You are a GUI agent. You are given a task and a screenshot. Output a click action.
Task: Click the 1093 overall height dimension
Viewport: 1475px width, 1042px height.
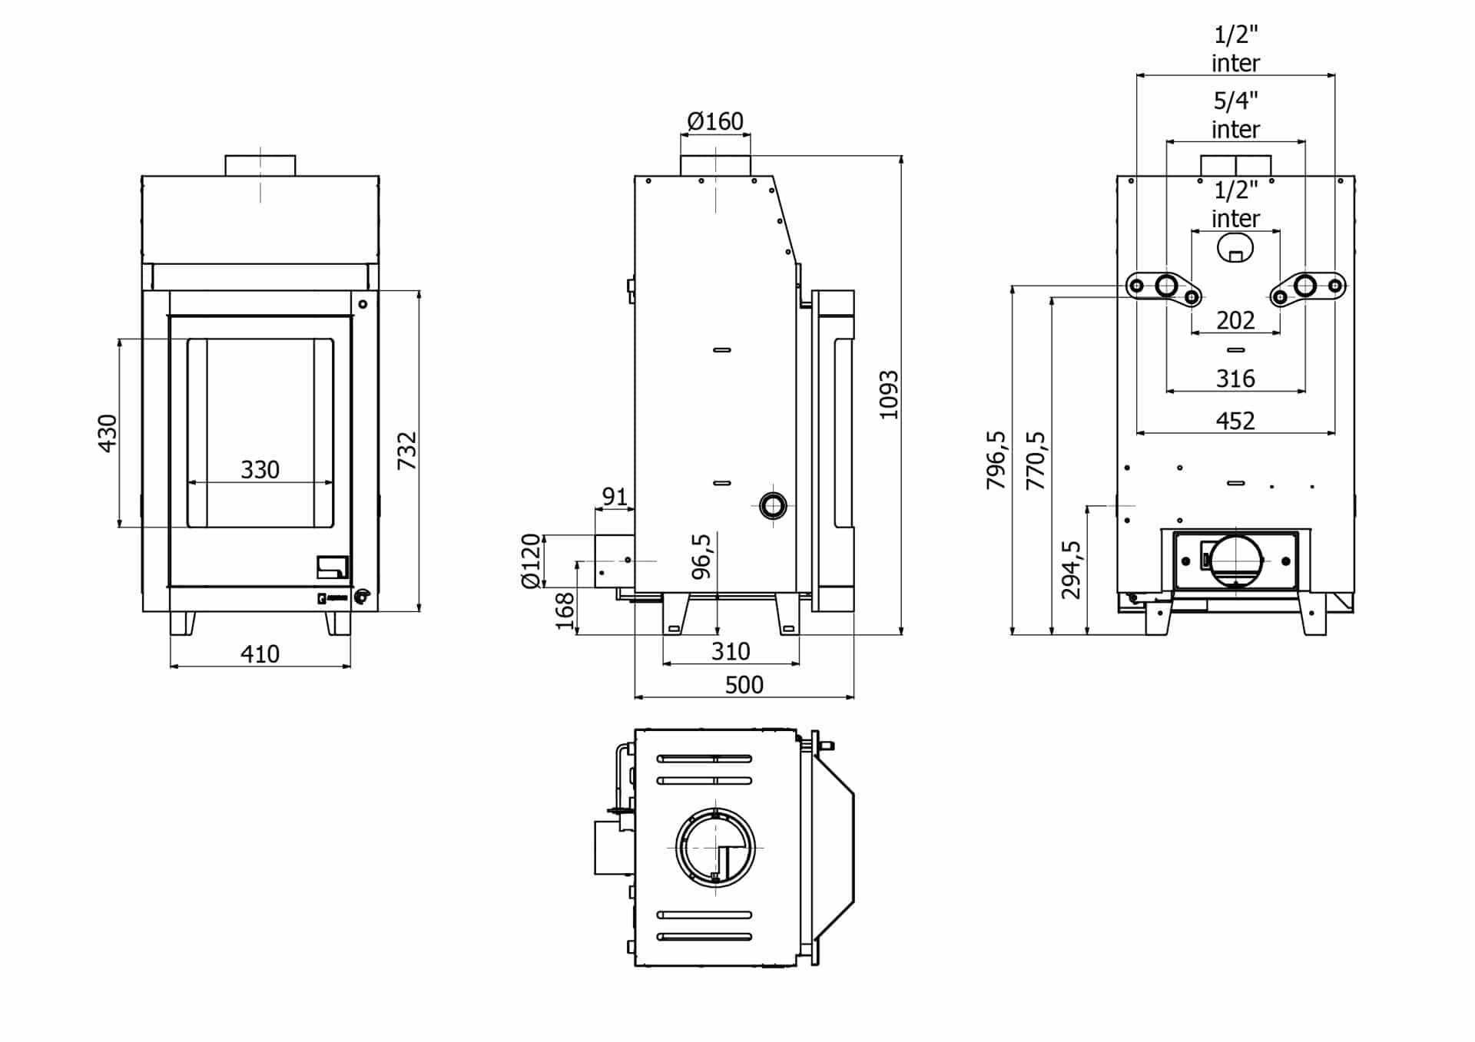pos(889,395)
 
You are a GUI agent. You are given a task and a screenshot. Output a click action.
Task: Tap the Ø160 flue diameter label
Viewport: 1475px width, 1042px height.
pos(715,121)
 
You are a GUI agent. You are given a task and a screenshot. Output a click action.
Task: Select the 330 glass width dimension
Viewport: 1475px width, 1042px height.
pos(260,469)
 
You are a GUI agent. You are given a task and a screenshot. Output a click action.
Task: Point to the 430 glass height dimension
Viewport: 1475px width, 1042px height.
pos(108,433)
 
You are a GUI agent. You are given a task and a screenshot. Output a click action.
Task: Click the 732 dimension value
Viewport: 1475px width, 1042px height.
pos(407,451)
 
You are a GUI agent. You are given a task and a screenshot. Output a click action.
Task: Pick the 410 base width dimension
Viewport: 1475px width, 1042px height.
pos(260,654)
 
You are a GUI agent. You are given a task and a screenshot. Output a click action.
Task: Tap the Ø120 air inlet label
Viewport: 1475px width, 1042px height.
pos(531,561)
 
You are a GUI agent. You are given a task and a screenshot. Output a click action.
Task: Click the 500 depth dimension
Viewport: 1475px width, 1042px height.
pos(744,685)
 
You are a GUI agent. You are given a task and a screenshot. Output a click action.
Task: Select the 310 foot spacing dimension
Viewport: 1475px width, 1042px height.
pos(731,651)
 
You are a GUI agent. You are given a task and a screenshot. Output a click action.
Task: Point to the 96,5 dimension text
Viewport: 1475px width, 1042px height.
pos(701,557)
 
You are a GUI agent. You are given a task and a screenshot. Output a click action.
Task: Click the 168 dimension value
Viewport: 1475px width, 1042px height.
pos(565,611)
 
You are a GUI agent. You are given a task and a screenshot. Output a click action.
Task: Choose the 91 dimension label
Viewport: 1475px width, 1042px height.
pos(615,497)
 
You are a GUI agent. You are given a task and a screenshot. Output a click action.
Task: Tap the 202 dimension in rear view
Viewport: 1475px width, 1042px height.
pos(1235,320)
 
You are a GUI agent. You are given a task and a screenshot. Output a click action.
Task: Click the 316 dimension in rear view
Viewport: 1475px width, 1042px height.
pos(1235,379)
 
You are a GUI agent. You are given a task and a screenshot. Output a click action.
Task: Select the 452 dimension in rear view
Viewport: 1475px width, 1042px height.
pos(1235,421)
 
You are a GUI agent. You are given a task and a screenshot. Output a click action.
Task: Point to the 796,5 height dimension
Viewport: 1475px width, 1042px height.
pos(996,460)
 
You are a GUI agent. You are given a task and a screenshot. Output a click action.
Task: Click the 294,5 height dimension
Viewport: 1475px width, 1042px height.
pos(1072,570)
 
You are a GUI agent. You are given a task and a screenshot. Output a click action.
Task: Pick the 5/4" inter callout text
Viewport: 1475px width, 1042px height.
pos(1235,114)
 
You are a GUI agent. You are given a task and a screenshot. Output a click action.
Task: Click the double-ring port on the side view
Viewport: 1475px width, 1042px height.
pos(773,505)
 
